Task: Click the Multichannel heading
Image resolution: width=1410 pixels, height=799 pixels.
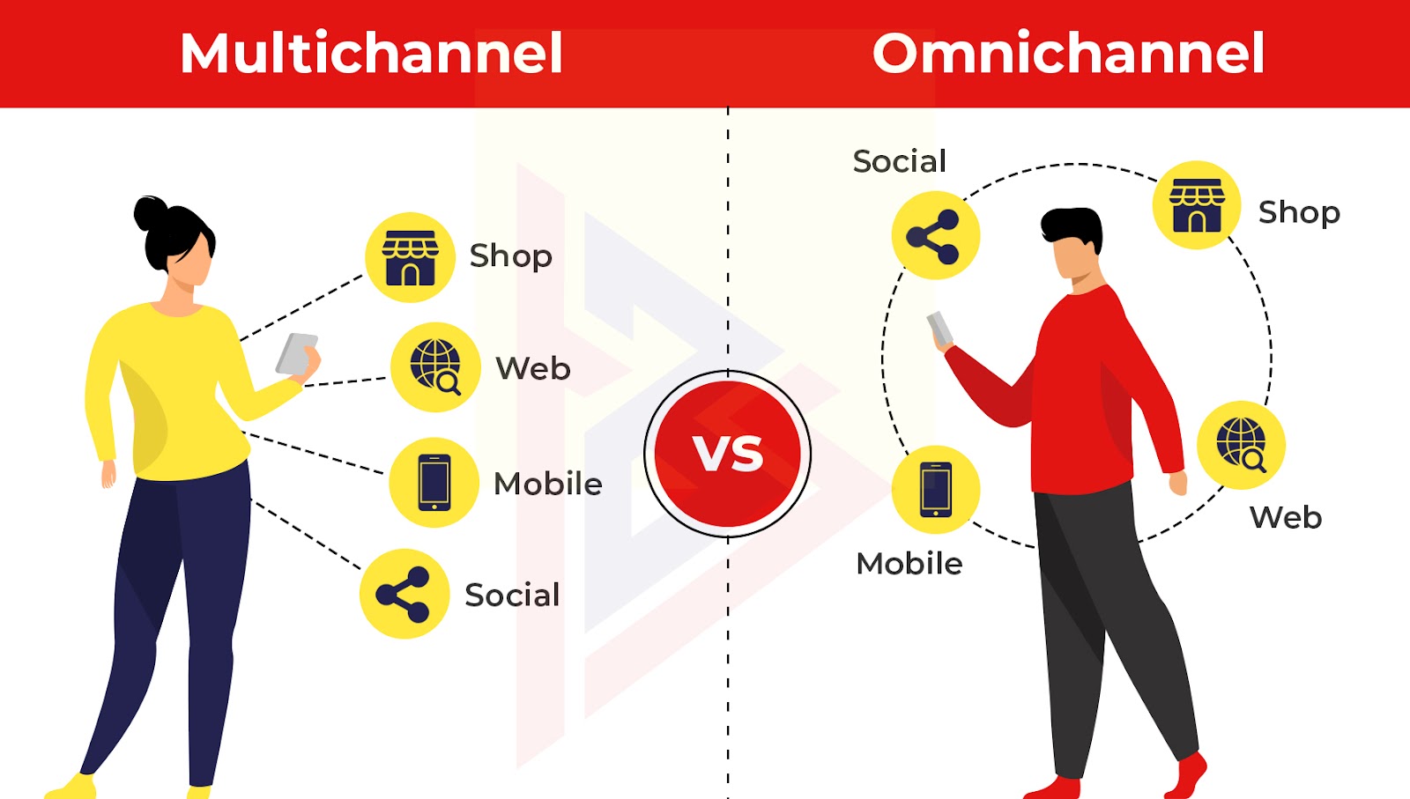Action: [371, 53]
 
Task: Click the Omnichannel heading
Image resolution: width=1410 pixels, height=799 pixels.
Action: [1068, 53]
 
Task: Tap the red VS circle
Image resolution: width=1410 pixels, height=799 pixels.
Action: [728, 454]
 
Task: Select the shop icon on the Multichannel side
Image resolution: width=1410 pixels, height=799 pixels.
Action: [411, 257]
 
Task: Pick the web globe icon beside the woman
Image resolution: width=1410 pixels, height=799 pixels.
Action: [435, 367]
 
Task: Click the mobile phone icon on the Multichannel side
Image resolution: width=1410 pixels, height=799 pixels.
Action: [434, 483]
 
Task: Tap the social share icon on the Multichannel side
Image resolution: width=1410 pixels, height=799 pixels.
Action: [404, 594]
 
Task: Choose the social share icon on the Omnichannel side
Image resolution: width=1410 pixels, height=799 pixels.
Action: [935, 235]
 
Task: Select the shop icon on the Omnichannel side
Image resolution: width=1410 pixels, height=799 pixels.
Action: [1197, 205]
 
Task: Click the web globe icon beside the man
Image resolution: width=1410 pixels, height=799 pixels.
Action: [1241, 445]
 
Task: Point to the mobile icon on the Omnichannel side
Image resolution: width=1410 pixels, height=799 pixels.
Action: [936, 490]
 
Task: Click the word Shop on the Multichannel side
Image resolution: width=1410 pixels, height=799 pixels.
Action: [510, 256]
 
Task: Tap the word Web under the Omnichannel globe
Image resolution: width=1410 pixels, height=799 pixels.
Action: [1286, 518]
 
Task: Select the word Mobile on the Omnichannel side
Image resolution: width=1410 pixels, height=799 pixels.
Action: [909, 563]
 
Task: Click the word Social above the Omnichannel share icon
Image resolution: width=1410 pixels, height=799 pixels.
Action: [900, 161]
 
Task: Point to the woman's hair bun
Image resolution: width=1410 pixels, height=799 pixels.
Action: [151, 213]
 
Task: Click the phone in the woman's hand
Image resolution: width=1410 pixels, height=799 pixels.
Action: [297, 354]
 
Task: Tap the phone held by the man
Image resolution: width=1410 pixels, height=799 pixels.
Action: [939, 329]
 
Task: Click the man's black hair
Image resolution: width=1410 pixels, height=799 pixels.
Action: [1072, 228]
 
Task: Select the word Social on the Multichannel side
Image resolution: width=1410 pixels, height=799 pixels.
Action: [512, 596]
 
